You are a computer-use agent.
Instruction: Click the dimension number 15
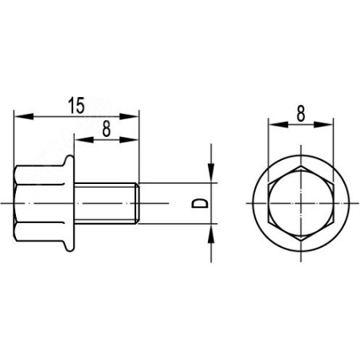[x=76, y=105]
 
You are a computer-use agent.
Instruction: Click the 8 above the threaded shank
[x=106, y=129]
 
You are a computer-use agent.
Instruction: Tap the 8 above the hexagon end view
[x=301, y=114]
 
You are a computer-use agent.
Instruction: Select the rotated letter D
[x=200, y=203]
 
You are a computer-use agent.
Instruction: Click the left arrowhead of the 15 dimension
[x=24, y=116]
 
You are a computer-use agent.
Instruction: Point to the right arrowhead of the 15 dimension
[x=129, y=116]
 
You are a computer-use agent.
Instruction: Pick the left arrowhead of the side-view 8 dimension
[x=84, y=139]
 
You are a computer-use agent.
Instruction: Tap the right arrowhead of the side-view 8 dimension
[x=129, y=139]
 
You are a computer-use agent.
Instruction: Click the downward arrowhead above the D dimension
[x=211, y=173]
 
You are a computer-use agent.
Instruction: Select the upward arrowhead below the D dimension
[x=211, y=233]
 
